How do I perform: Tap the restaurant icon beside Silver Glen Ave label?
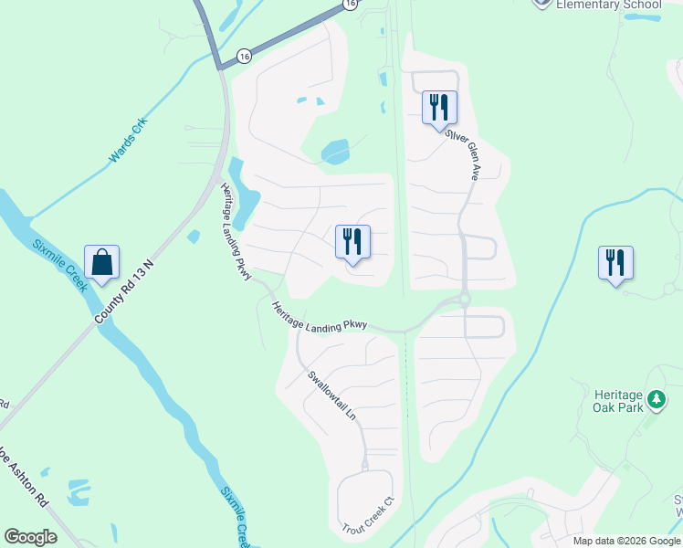(x=439, y=108)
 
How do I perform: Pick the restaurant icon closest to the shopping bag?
(x=352, y=242)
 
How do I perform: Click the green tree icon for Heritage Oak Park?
(x=656, y=399)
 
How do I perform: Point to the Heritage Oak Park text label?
(x=618, y=400)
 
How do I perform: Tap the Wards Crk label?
(x=128, y=142)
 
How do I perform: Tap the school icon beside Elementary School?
(x=542, y=3)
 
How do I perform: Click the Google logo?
(x=30, y=537)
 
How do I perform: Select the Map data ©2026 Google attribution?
(x=626, y=541)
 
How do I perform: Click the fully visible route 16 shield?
(x=243, y=56)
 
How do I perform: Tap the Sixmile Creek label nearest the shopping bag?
(x=59, y=264)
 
